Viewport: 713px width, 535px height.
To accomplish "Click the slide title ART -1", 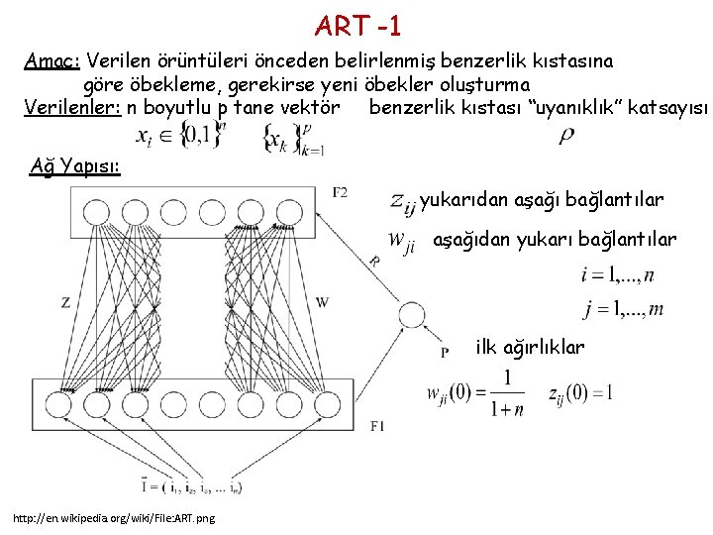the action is pos(357,23).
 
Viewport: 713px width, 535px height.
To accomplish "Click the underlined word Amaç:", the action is pos(53,60).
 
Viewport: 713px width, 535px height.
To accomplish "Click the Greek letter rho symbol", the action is pos(566,137).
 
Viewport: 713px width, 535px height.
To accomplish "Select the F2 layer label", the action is pos(340,191).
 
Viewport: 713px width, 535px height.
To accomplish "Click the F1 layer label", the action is pos(376,426).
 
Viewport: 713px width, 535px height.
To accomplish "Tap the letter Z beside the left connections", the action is pos(65,302).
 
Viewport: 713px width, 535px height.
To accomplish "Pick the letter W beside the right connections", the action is pos(323,302).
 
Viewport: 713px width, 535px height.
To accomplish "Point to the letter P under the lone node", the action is pos(445,351).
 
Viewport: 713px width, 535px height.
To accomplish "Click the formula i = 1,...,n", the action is pos(616,274).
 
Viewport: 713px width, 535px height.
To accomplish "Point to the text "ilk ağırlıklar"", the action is pos(530,348).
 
